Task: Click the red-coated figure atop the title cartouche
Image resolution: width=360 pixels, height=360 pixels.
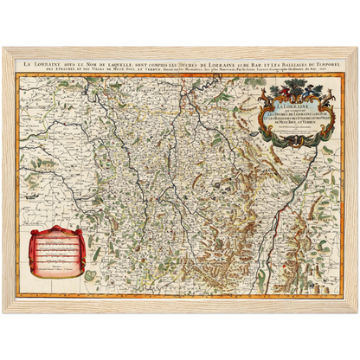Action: click(279, 87)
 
